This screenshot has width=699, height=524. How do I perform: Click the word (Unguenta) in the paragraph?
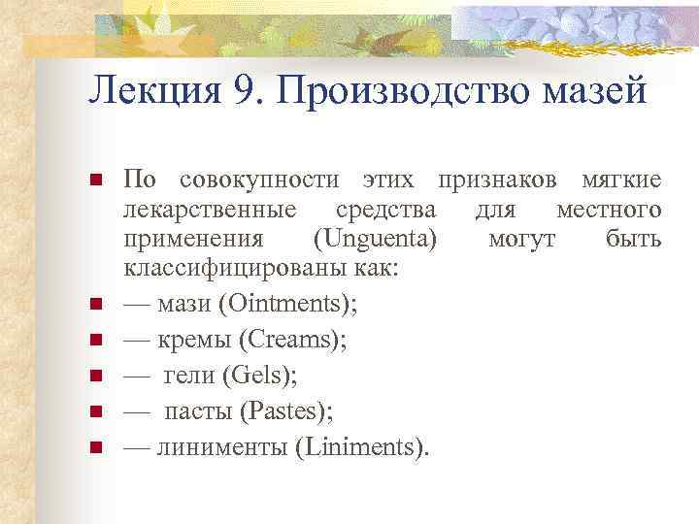377,239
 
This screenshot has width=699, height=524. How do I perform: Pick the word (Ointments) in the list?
286,305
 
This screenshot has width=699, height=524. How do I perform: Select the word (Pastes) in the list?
284,411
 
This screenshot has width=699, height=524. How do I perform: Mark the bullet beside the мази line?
95,306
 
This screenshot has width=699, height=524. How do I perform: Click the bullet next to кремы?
95,342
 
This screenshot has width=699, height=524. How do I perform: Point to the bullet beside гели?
95,377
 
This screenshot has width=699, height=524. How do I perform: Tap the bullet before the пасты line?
95,412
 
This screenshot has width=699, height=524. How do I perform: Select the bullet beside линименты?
95,447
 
